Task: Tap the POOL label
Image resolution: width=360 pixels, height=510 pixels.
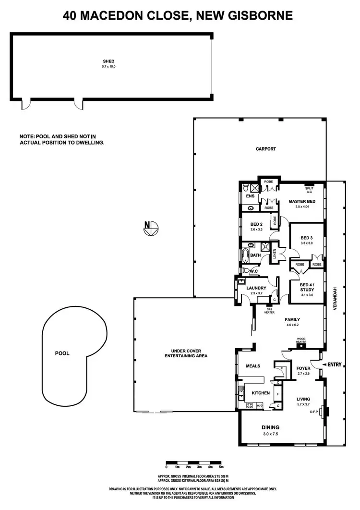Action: click(62, 353)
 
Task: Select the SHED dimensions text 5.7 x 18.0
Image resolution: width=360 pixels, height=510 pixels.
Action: click(109, 66)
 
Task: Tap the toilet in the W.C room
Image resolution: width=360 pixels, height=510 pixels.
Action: click(246, 271)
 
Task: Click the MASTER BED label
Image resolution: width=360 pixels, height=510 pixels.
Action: click(302, 201)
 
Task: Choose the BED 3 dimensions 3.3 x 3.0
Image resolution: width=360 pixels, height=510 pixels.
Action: click(307, 243)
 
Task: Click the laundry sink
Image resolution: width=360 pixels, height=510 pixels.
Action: click(242, 282)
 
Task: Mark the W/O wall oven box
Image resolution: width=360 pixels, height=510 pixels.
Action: click(260, 406)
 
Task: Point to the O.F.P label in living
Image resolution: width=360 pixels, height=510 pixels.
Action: click(315, 412)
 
